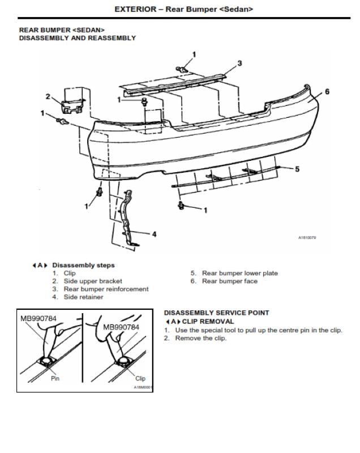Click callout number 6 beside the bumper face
327,92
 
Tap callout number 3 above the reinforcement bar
239,63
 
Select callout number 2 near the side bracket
48,96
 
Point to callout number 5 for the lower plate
297,169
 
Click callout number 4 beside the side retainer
154,234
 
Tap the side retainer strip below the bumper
128,218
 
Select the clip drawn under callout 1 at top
182,69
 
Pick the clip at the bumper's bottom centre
181,206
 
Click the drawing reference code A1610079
307,238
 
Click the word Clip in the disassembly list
70,273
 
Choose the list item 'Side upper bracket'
93,281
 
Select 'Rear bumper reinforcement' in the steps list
106,289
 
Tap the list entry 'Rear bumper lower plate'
239,273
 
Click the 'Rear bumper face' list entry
229,281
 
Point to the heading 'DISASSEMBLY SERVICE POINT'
217,313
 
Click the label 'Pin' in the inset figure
55,378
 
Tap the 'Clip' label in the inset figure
140,378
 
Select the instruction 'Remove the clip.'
200,338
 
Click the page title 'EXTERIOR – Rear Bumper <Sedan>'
183,9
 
